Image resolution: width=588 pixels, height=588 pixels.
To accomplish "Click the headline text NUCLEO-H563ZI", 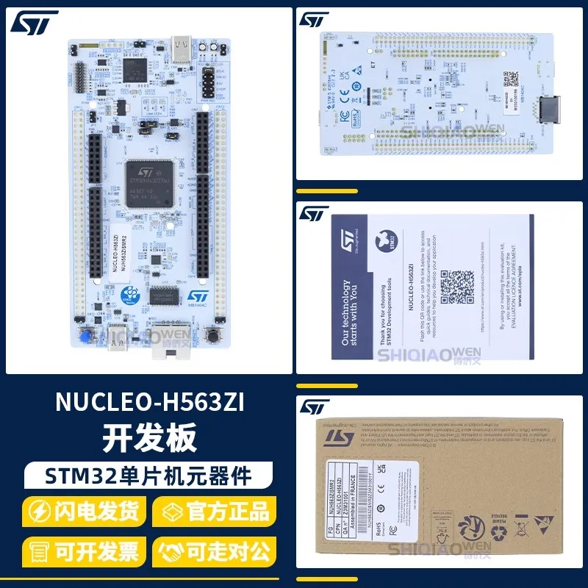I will pos(150,404).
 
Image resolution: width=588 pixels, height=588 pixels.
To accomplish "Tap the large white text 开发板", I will pos(150,438).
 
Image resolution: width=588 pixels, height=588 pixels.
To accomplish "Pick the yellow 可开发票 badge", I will pos(84,550).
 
